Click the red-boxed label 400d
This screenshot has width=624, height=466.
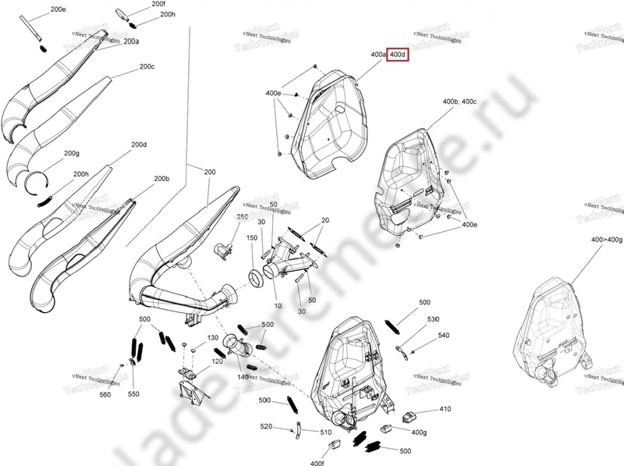click(x=398, y=55)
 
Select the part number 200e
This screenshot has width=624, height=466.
click(x=58, y=9)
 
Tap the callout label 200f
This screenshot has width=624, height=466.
click(x=159, y=5)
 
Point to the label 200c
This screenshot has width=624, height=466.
click(x=147, y=67)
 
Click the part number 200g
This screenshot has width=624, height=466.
click(x=72, y=153)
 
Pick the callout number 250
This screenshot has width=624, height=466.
click(x=242, y=216)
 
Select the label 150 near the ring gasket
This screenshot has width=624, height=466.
click(x=252, y=237)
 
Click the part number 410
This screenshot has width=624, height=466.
click(x=445, y=409)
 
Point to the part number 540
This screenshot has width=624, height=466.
click(x=443, y=335)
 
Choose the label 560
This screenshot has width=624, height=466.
click(x=105, y=395)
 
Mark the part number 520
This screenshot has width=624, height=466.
click(x=266, y=427)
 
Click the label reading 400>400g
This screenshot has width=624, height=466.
click(x=607, y=239)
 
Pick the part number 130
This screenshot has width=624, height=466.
click(x=212, y=338)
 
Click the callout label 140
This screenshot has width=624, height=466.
click(x=243, y=377)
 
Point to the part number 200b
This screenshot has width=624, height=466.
click(x=161, y=180)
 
